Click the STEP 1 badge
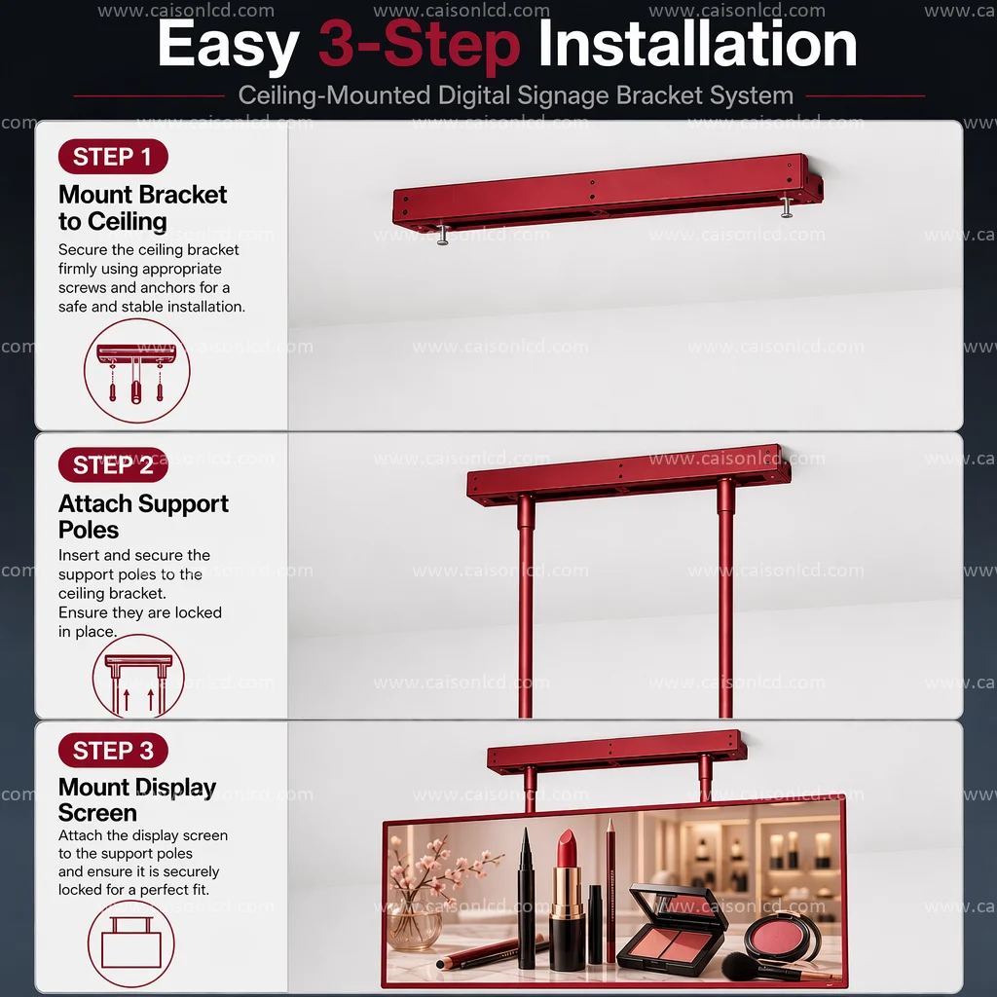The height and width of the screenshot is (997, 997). (113, 157)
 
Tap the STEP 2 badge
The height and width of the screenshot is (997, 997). (113, 464)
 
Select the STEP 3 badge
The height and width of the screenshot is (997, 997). (113, 751)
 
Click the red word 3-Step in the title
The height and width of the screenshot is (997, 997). (420, 46)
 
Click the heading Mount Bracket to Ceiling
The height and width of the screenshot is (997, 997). (142, 208)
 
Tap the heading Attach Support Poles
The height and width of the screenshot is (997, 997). (143, 516)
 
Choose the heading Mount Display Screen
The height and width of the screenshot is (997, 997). (137, 800)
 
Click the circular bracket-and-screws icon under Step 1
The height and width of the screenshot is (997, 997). (136, 371)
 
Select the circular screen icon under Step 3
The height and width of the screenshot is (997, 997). (131, 942)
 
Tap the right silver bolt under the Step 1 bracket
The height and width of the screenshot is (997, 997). (787, 206)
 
